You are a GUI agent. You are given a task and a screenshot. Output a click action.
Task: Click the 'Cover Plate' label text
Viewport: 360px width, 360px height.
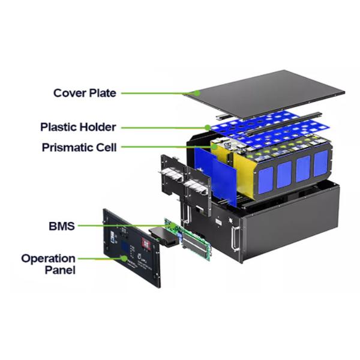pos(85,93)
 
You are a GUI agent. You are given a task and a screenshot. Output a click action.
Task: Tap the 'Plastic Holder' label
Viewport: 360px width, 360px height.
pos(78,127)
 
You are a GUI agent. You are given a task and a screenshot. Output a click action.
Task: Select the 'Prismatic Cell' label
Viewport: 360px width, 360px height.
pos(79,147)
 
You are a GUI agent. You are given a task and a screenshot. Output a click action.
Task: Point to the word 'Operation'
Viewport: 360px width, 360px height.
pos(49,259)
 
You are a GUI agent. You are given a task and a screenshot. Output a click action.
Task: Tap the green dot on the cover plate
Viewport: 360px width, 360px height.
pos(199,92)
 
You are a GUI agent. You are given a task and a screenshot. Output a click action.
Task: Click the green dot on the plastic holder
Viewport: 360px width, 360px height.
pos(208,127)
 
